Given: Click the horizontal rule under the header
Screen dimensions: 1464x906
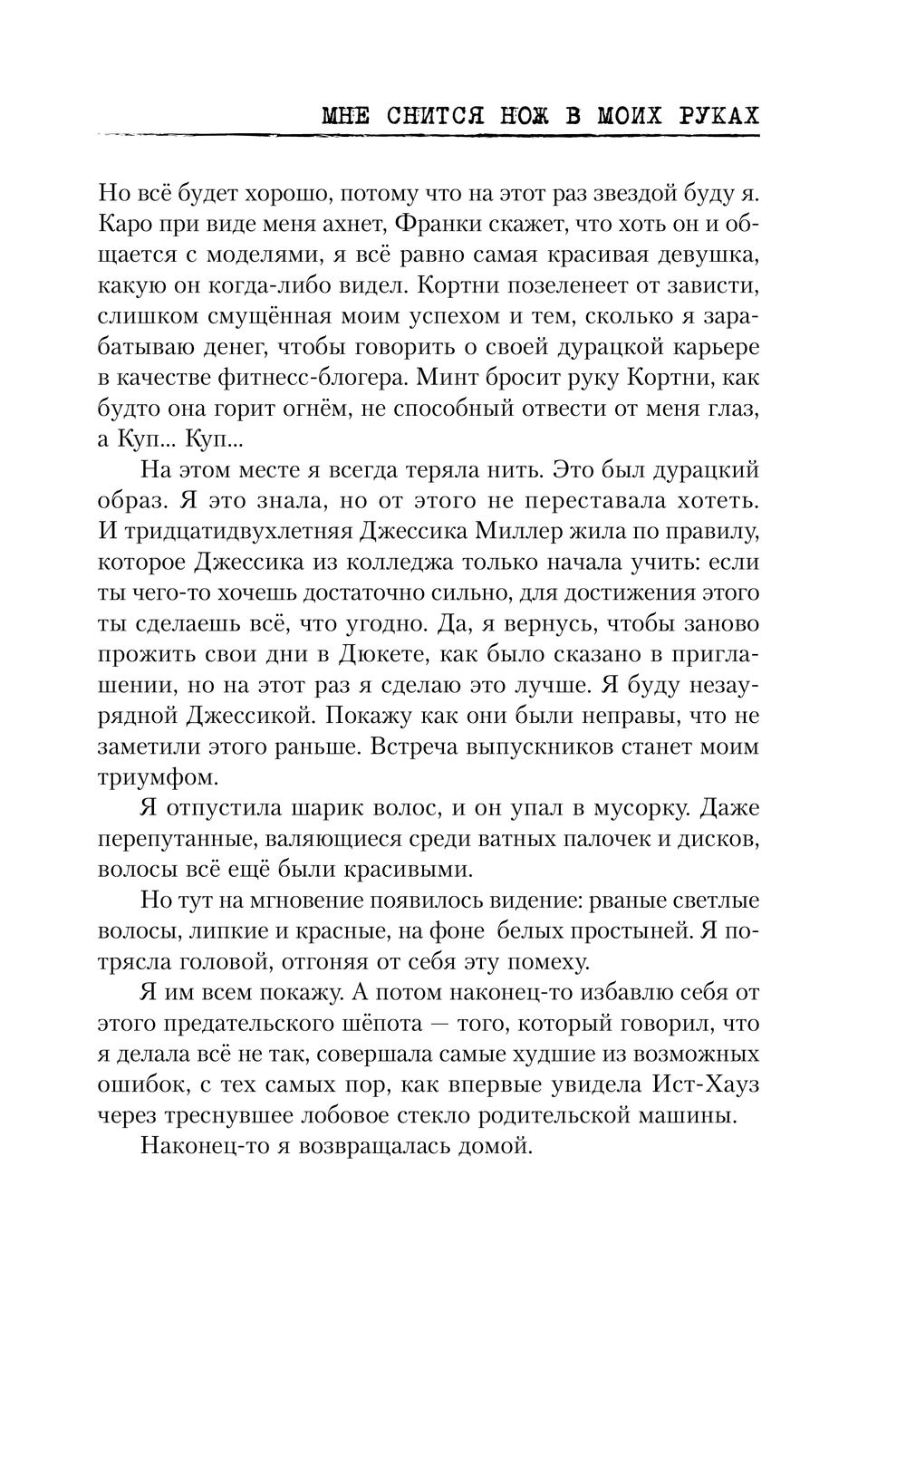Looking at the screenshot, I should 426,136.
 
